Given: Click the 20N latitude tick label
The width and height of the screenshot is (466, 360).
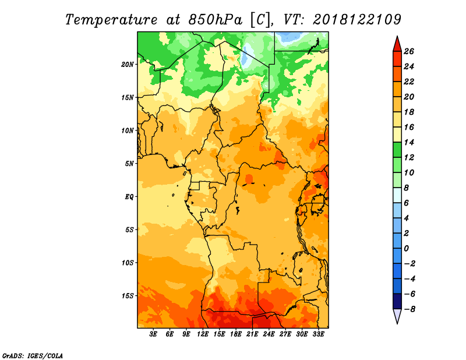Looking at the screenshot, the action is click(x=128, y=65).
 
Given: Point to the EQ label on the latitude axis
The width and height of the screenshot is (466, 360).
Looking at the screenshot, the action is click(x=129, y=197).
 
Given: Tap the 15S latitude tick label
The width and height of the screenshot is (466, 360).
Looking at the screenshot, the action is click(x=128, y=296).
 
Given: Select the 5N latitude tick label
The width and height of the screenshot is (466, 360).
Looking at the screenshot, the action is click(x=129, y=164).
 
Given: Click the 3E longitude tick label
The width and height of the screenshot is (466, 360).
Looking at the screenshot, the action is click(x=153, y=334).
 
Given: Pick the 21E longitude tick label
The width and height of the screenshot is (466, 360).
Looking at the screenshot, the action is click(x=252, y=334).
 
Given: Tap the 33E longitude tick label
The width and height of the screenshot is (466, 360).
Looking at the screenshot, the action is click(x=318, y=334).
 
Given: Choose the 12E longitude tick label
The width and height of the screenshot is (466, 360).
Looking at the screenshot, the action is click(x=203, y=334).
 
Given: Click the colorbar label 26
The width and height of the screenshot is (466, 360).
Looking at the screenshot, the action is click(x=409, y=51).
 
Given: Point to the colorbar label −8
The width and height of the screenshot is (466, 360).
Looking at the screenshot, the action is click(x=409, y=309).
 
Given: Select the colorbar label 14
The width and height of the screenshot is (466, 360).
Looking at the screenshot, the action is click(x=409, y=142).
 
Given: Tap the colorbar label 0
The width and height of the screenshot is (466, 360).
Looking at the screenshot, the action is click(x=406, y=249).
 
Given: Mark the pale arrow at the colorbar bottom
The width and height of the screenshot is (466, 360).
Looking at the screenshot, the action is click(x=397, y=315).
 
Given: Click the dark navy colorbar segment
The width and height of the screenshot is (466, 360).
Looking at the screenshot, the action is click(x=397, y=301).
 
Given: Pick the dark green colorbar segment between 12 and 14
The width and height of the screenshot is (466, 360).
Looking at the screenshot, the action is click(x=397, y=150).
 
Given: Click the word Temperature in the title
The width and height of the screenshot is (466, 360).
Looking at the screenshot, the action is click(x=111, y=20).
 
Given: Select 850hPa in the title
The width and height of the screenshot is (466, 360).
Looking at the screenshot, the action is click(x=211, y=20).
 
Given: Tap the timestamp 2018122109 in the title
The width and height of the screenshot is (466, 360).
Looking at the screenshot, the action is click(x=357, y=20).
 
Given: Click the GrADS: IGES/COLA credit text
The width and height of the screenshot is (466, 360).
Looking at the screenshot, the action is click(x=33, y=355).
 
